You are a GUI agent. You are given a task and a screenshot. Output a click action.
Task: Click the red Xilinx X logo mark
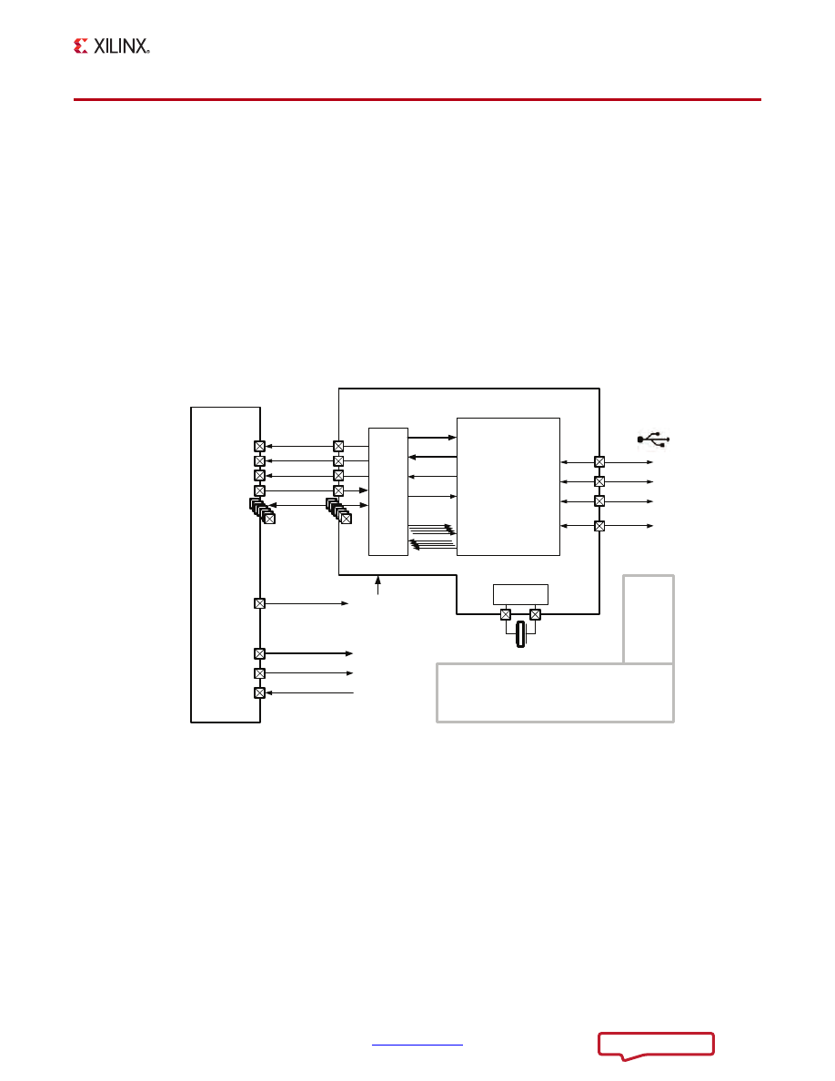81,46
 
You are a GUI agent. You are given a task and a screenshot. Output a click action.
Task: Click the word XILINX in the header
121,46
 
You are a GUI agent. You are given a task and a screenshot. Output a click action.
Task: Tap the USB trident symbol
653,439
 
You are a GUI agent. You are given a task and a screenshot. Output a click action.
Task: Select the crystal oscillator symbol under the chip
521,634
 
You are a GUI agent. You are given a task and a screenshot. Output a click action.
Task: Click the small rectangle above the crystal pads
521,594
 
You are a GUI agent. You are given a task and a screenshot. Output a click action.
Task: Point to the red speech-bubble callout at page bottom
656,1046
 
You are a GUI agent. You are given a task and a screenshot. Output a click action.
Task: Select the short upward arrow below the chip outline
377,584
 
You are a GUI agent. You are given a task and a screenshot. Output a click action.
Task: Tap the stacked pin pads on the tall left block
262,510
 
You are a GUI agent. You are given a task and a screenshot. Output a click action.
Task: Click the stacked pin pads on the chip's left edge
338,510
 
